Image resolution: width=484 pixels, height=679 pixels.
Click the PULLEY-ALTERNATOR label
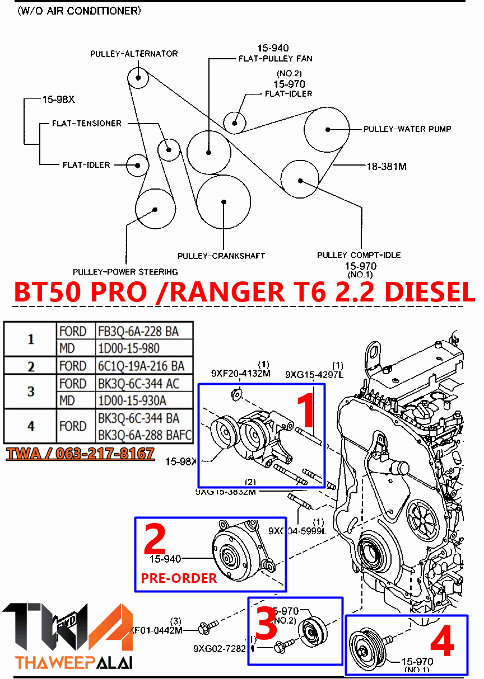134,54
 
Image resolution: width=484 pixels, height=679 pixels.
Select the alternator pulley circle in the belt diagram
137,77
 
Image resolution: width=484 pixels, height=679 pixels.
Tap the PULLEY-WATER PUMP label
407,129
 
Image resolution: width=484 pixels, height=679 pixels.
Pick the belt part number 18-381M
387,166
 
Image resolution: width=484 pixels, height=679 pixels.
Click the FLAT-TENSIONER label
86,123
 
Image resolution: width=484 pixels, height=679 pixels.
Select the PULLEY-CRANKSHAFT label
221,256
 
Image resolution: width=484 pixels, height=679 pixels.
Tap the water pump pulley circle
328,129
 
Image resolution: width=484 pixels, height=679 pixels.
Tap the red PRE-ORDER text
179,578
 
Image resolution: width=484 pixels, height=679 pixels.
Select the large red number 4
441,643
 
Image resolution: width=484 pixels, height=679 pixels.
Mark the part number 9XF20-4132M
240,373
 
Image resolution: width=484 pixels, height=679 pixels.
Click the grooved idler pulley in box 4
364,651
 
